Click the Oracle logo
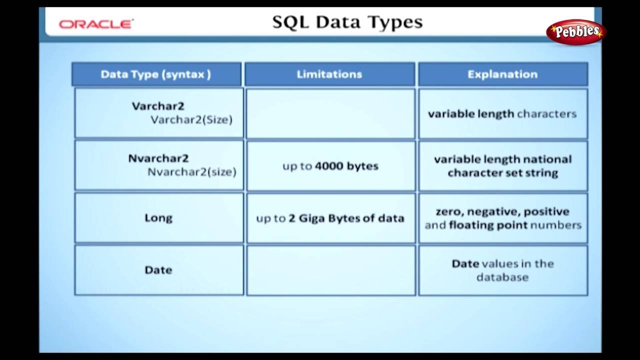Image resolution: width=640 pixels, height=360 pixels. [96, 24]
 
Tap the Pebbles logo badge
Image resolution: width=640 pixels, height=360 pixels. [575, 32]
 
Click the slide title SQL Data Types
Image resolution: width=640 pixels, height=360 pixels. [347, 22]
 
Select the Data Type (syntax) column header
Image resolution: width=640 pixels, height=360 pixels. [156, 74]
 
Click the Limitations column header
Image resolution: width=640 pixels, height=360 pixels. [329, 74]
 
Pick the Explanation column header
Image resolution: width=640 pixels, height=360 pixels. [503, 74]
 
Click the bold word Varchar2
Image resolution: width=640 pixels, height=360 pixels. [158, 106]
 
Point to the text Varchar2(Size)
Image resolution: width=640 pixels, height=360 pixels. [191, 120]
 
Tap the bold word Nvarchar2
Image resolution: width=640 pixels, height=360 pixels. [158, 158]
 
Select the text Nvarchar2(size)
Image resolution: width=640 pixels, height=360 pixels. [192, 172]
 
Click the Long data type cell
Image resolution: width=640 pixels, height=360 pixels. [159, 218]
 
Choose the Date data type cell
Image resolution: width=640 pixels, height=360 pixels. [159, 270]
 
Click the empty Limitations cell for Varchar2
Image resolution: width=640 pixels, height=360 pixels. [331, 113]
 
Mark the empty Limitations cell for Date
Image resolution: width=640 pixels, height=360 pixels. [331, 270]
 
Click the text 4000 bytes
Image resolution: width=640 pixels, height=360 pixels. [346, 166]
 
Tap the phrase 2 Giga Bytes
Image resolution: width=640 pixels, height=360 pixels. [324, 218]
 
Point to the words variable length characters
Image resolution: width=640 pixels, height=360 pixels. [502, 114]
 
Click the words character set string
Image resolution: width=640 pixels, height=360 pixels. [503, 173]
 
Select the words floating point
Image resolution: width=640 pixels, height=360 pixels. [488, 225]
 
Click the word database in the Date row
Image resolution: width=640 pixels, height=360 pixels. [502, 277]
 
